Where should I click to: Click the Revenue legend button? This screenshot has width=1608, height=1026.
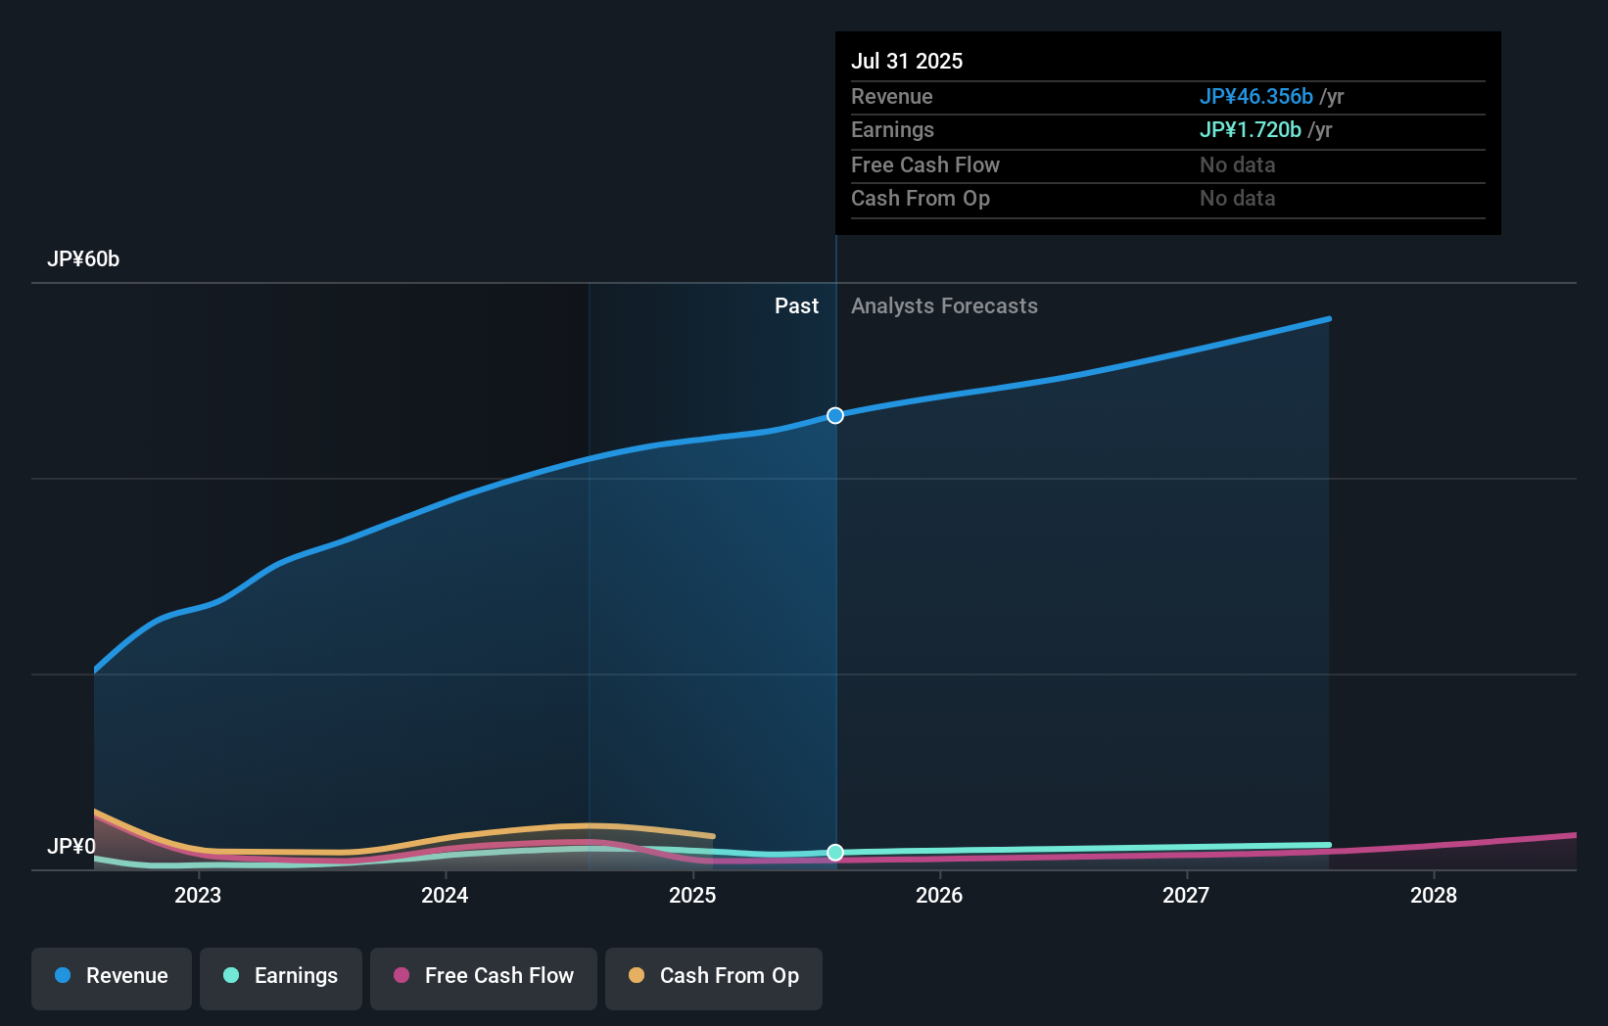(x=112, y=976)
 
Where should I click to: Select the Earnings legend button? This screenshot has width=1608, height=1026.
(x=281, y=976)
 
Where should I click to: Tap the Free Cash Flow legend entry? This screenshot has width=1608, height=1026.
(x=484, y=976)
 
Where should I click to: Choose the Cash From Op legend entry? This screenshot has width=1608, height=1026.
(x=714, y=976)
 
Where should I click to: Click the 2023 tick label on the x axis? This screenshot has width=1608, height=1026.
(x=198, y=896)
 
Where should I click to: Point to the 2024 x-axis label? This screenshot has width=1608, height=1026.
(x=445, y=896)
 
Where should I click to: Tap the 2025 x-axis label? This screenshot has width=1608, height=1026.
(x=692, y=896)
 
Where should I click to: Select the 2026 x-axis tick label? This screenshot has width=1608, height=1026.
(x=939, y=896)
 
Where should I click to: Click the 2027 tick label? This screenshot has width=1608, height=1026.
(x=1186, y=896)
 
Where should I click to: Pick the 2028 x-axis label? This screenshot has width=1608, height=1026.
(x=1434, y=896)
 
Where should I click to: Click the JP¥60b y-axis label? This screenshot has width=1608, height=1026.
(x=83, y=259)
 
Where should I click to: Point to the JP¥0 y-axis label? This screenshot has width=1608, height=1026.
(x=71, y=846)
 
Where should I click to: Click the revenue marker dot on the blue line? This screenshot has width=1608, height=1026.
(x=835, y=416)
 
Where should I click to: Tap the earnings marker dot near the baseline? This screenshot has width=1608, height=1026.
(x=835, y=853)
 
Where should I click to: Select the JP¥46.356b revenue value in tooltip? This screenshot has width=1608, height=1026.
(x=1255, y=97)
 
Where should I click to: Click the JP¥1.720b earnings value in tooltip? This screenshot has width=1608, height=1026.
(x=1250, y=130)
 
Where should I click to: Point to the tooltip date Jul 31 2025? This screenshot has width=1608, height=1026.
(x=907, y=61)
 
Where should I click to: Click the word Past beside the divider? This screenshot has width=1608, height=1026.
(x=796, y=306)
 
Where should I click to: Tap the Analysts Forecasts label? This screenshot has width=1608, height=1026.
(x=944, y=306)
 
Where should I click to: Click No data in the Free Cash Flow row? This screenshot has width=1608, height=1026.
(x=1237, y=165)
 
